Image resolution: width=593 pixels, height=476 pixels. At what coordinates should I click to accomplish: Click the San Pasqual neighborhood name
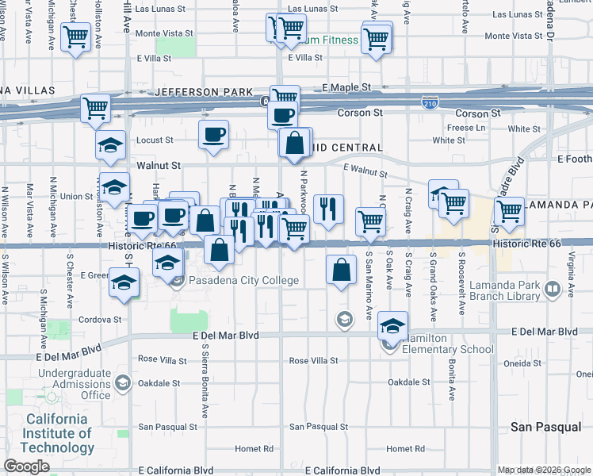[x=545, y=427]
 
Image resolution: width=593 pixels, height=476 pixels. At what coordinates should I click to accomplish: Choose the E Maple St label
[x=346, y=86]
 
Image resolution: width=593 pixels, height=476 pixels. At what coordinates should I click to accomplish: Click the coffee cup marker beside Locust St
[x=213, y=134]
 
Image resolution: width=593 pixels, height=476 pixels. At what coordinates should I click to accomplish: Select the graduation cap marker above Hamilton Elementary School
[x=392, y=324]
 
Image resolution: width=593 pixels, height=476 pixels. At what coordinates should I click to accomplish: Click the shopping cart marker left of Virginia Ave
[x=509, y=211]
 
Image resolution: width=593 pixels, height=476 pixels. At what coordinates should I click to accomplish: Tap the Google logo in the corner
[x=27, y=466]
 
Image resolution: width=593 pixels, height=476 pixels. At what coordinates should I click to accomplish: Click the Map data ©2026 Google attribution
[x=543, y=470]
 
